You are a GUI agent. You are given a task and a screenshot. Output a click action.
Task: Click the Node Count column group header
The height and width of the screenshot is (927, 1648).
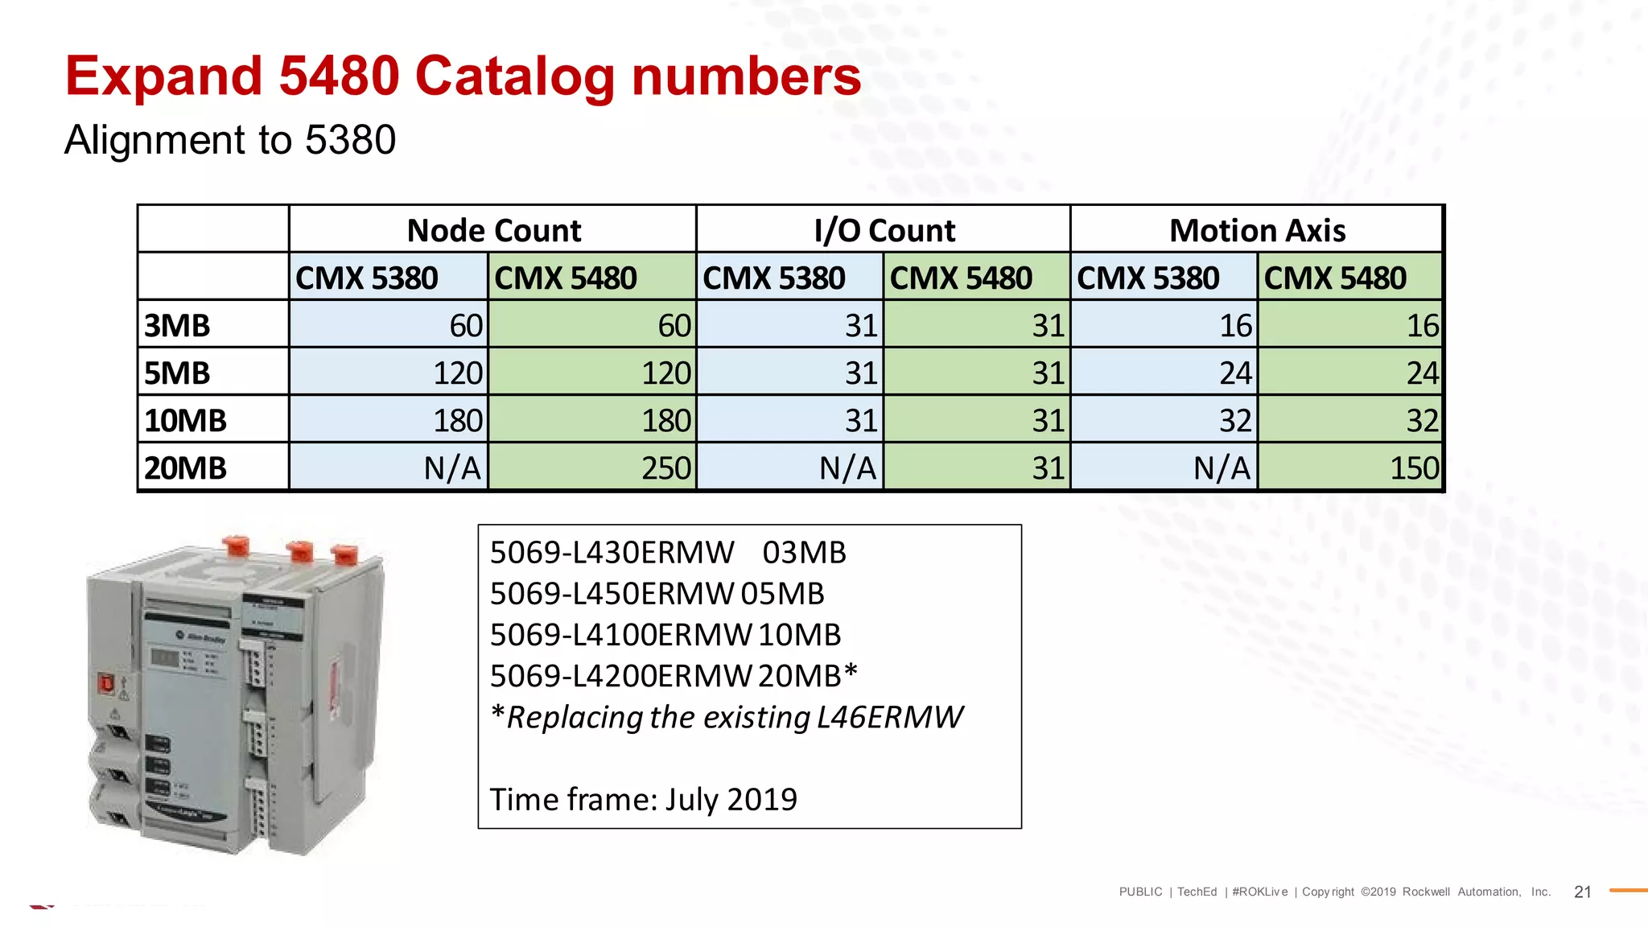click(x=493, y=230)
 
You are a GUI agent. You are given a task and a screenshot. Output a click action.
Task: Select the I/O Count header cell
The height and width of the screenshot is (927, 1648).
click(x=884, y=230)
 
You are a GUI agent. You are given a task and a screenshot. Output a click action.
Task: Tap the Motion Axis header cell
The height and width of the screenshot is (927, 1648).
click(x=1257, y=230)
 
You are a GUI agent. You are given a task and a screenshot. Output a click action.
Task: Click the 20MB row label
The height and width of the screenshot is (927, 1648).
click(x=186, y=468)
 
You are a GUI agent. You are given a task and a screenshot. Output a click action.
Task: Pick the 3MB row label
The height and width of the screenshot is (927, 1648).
click(x=177, y=326)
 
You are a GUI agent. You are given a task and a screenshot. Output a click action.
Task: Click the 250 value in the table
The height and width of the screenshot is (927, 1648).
click(x=665, y=468)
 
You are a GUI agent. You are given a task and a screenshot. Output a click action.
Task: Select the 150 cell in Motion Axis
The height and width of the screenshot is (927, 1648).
click(x=1414, y=468)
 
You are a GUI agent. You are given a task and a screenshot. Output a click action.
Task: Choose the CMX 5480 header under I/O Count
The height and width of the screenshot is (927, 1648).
click(x=961, y=278)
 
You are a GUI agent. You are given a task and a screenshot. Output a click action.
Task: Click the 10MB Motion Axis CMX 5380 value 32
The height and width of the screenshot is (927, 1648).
click(x=1235, y=421)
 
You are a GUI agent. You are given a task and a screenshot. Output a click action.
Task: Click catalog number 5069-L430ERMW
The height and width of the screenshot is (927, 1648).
click(x=612, y=553)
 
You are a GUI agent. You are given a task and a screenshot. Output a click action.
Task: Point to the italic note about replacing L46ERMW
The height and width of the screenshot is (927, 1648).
click(x=727, y=717)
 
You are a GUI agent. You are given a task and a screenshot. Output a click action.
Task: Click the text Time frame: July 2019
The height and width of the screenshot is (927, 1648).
click(x=643, y=799)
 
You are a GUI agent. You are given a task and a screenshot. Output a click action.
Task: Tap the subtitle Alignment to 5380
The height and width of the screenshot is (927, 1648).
click(x=230, y=140)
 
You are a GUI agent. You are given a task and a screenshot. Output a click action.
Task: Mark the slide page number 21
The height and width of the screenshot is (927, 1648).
click(x=1582, y=892)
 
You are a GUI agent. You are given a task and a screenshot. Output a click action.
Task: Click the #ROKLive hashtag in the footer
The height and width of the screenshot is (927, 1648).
click(x=1259, y=892)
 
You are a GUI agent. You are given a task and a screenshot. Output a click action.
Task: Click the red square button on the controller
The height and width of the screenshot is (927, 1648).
click(x=105, y=684)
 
